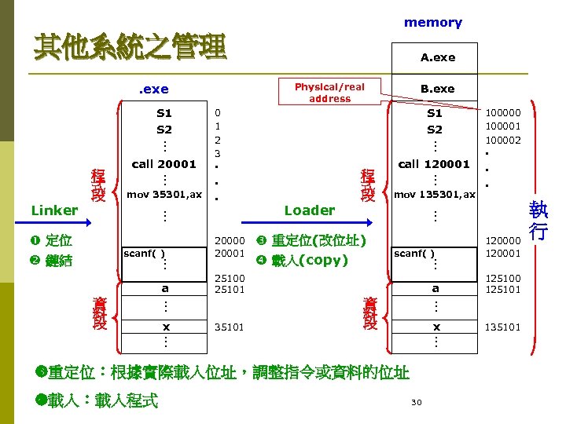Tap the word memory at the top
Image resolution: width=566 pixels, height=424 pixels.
click(x=432, y=23)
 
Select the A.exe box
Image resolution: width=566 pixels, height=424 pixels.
click(x=437, y=57)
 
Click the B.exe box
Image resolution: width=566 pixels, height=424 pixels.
click(x=437, y=89)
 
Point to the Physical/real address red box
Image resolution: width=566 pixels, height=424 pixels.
click(x=330, y=93)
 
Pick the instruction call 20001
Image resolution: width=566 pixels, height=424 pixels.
click(x=164, y=164)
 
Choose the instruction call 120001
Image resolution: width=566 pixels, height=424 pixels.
click(x=434, y=164)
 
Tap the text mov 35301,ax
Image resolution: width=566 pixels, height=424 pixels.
click(x=164, y=193)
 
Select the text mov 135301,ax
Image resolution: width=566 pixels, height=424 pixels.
click(x=435, y=193)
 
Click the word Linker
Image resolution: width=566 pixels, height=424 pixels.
click(x=54, y=210)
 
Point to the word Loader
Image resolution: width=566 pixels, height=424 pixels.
click(x=309, y=210)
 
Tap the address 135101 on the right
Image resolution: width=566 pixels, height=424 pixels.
click(x=502, y=327)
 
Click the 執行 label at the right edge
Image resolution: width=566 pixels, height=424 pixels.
click(x=538, y=221)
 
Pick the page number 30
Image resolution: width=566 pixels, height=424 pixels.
click(x=417, y=403)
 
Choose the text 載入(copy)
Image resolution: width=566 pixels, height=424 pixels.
click(x=309, y=261)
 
